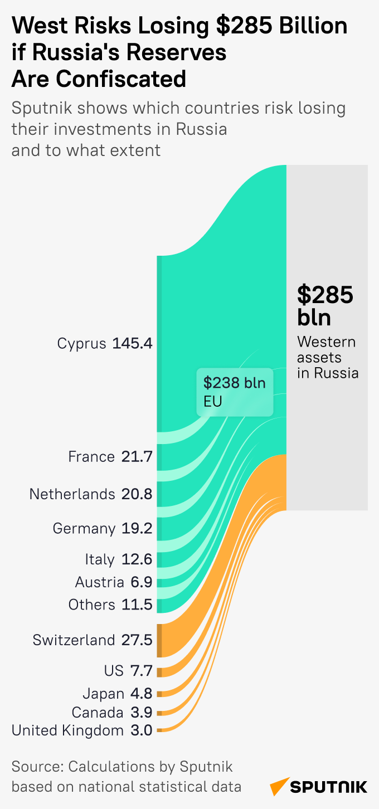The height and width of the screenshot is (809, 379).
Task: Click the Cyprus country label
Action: coord(81,343)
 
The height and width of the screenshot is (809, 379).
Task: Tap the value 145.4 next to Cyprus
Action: coord(132,343)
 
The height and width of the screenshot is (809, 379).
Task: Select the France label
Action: coord(91,457)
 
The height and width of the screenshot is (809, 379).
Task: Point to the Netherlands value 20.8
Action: coord(137,494)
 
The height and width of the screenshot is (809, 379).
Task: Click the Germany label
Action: coord(84,528)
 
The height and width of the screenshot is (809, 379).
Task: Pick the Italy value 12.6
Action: coord(137,559)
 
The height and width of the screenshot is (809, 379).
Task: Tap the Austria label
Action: coord(99,582)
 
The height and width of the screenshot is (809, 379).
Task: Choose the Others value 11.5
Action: coord(137,605)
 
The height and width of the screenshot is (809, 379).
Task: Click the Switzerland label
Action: coord(74,640)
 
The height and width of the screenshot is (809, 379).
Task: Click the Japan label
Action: coord(103,694)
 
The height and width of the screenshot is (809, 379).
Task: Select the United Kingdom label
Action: coord(67,730)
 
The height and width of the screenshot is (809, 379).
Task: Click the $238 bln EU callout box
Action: coord(235,392)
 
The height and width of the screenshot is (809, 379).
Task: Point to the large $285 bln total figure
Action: coord(325,305)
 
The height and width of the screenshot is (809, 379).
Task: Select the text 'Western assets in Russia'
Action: coord(327,357)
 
